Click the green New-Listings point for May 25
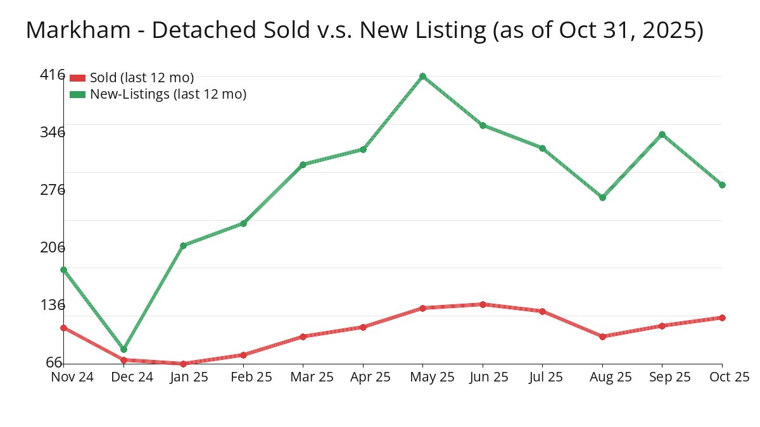coord(422,77)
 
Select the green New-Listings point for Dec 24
coord(123,349)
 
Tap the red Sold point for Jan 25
coord(183,364)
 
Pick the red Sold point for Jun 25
coord(483,304)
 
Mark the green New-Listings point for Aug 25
coord(602,197)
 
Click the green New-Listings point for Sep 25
coord(662,134)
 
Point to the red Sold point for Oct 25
coord(722,318)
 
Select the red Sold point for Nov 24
coord(63,328)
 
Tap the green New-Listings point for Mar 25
coord(303,164)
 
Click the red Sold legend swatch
coord(77,78)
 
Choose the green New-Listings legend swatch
coord(77,94)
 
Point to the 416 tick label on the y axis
coord(53,75)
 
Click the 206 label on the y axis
coord(53,247)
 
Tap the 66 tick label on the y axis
coord(54,362)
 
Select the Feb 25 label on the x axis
coord(243,377)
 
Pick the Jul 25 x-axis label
coord(543,377)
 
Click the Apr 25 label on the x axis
coord(363,377)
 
